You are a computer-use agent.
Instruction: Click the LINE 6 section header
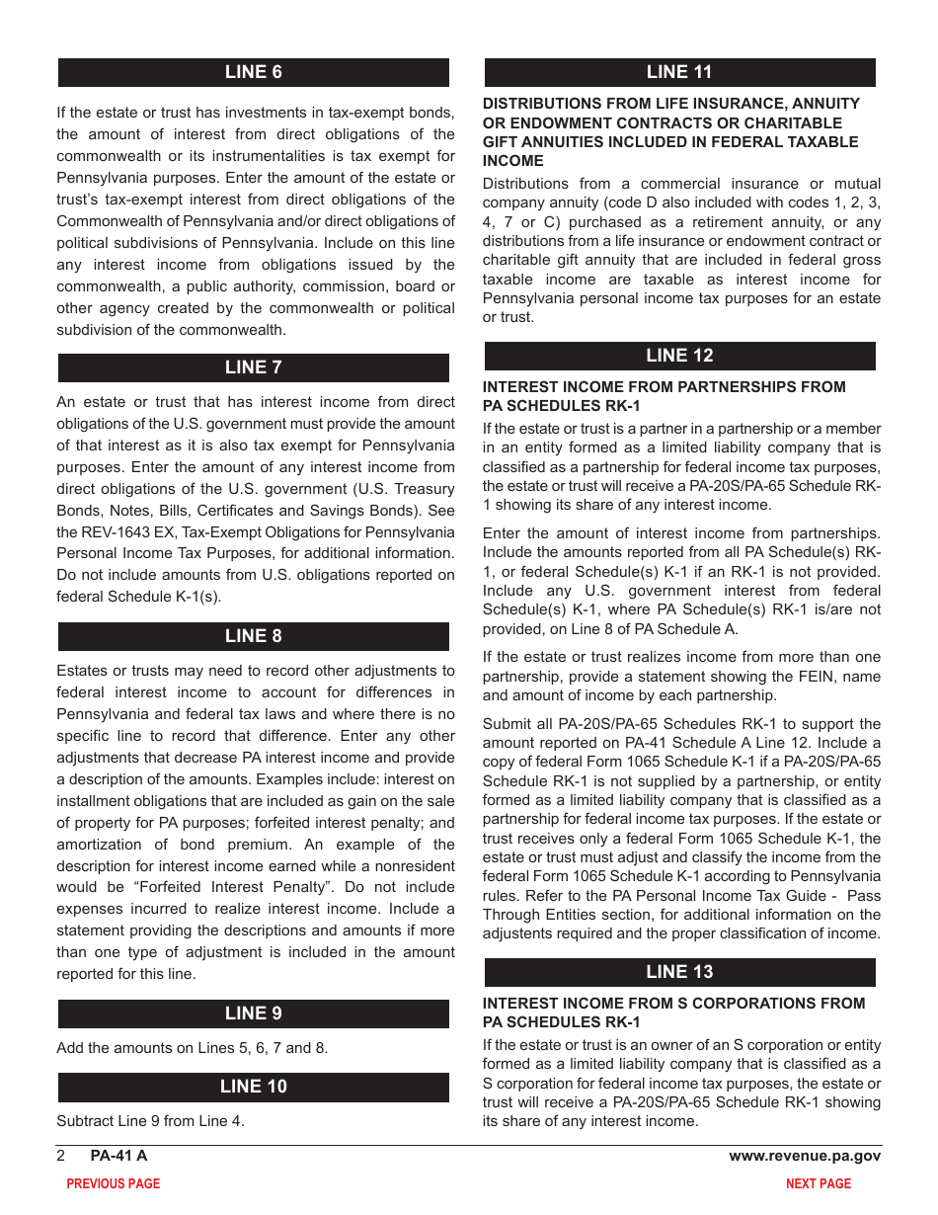pyautogui.click(x=253, y=72)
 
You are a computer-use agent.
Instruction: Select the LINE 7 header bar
pyautogui.click(x=253, y=367)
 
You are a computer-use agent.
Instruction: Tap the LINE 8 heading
pyautogui.click(x=253, y=636)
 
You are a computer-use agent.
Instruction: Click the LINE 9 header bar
pyautogui.click(x=253, y=1013)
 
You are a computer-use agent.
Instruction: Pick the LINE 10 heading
pyautogui.click(x=253, y=1087)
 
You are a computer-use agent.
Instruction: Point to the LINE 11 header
pyautogui.click(x=679, y=72)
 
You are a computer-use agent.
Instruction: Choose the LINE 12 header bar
pyautogui.click(x=679, y=356)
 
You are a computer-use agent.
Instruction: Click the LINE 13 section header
pyautogui.click(x=679, y=972)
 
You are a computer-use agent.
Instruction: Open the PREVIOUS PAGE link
pyautogui.click(x=113, y=1183)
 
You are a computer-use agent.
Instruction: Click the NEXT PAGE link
pyautogui.click(x=818, y=1183)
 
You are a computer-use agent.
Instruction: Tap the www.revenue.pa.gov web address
pyautogui.click(x=805, y=1156)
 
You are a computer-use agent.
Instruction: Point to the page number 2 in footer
pyautogui.click(x=61, y=1156)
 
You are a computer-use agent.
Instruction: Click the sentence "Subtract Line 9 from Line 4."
pyautogui.click(x=150, y=1121)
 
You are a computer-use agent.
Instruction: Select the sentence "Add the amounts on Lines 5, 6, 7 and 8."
pyautogui.click(x=192, y=1048)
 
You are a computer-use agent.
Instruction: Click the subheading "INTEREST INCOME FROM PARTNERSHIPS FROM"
pyautogui.click(x=664, y=387)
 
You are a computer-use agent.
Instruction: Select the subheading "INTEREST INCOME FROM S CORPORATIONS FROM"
pyautogui.click(x=673, y=1004)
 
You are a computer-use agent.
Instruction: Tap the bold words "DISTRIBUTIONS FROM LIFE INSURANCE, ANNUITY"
pyautogui.click(x=670, y=104)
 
